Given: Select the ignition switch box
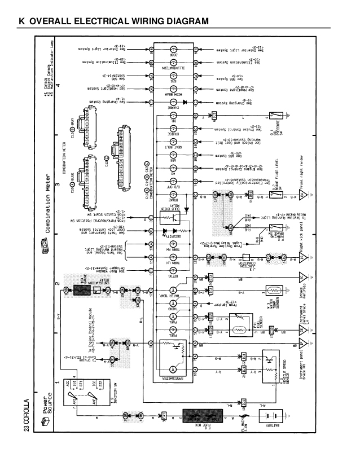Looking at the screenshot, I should pyautogui.click(x=84, y=390).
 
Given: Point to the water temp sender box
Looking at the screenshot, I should pyautogui.click(x=277, y=291).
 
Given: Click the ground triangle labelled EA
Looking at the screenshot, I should pyautogui.click(x=301, y=194).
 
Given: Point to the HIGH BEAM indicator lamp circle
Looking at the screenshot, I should pyautogui.click(x=174, y=88).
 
